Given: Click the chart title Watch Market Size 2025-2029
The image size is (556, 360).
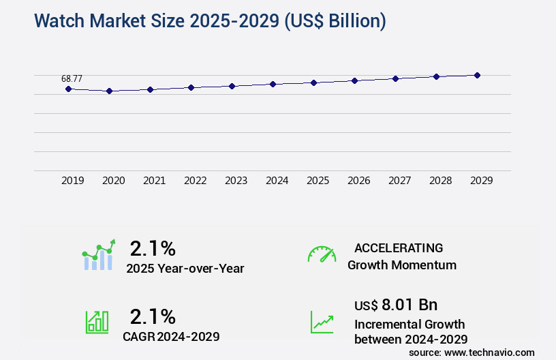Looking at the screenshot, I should tap(210, 21).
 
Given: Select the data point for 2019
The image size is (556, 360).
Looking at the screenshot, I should tap(68, 89).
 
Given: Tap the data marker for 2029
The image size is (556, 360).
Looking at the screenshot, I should tap(477, 75).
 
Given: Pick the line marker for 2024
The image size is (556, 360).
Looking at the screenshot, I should tap(273, 84).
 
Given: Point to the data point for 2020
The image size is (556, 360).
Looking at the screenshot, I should tap(109, 91).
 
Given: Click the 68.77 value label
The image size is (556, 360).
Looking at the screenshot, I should tap(72, 78).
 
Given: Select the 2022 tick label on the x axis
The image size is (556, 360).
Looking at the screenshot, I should tap(196, 181).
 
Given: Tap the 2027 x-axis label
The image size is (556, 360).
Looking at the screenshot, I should tap(400, 181).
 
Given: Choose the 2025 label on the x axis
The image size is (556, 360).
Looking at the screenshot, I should tap(318, 181).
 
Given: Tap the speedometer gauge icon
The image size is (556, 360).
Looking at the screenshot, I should tap(322, 254).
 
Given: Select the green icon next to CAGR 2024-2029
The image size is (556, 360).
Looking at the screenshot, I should tap(97, 322).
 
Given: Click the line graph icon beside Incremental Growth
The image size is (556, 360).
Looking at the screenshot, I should tap(322, 322).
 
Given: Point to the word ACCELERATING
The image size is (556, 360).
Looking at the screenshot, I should tap(399, 248).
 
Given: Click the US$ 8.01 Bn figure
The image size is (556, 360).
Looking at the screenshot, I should tap(396, 305).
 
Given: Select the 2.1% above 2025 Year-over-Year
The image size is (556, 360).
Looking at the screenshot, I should tap(153, 247).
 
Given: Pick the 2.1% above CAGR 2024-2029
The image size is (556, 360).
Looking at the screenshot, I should tap(153, 316).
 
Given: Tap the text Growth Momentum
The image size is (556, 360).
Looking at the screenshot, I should tap(402, 265).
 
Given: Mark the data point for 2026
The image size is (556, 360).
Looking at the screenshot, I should tap(354, 80).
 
